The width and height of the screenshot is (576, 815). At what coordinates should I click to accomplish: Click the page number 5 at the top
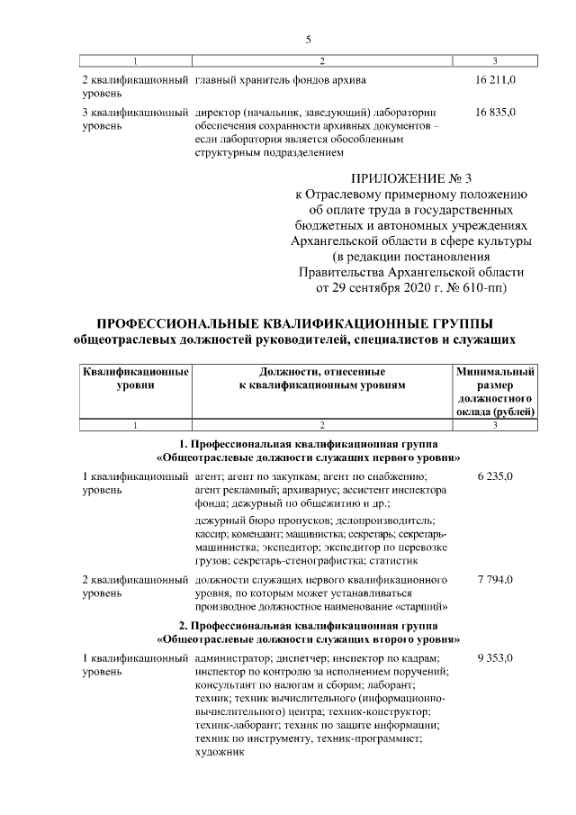(x=309, y=39)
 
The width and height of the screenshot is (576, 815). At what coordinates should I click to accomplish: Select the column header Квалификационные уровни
(x=135, y=378)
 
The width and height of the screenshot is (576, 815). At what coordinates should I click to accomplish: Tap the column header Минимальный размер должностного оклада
(x=495, y=391)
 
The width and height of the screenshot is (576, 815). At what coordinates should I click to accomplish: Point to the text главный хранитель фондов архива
(x=280, y=81)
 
